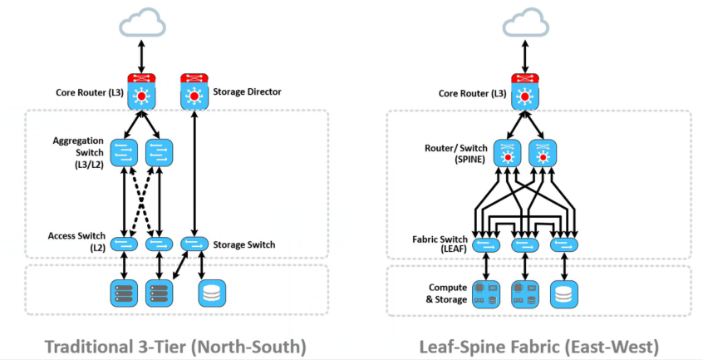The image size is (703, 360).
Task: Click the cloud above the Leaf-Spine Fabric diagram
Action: tap(523, 22)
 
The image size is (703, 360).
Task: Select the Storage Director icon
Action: tap(194, 91)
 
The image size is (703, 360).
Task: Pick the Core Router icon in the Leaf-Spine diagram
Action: tap(523, 91)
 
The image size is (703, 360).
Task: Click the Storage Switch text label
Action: tap(244, 245)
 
